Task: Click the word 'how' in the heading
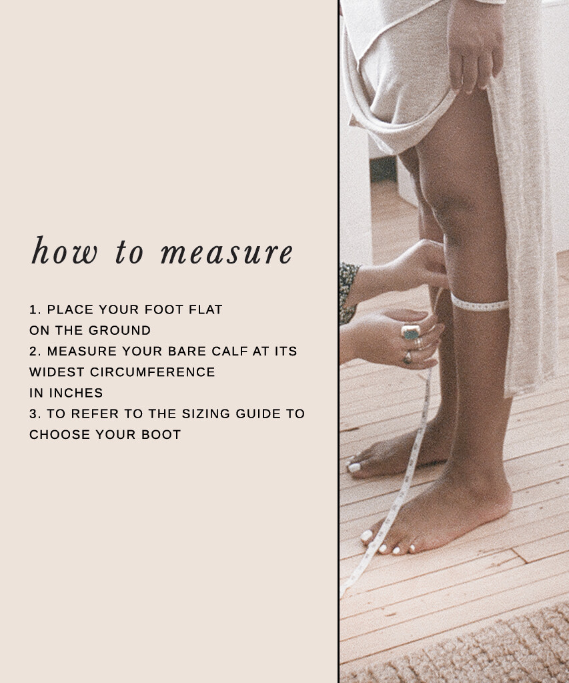65,251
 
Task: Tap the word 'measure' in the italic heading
227,253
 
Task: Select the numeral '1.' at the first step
35,309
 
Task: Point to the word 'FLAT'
205,309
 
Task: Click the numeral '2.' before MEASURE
35,351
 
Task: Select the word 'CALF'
229,351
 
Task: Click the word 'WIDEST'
57,372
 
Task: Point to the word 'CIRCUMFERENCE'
153,372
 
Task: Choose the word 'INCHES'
76,393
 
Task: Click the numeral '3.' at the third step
35,414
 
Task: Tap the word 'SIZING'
205,414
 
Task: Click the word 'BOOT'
161,435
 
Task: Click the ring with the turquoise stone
411,332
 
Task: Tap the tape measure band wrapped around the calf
479,303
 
